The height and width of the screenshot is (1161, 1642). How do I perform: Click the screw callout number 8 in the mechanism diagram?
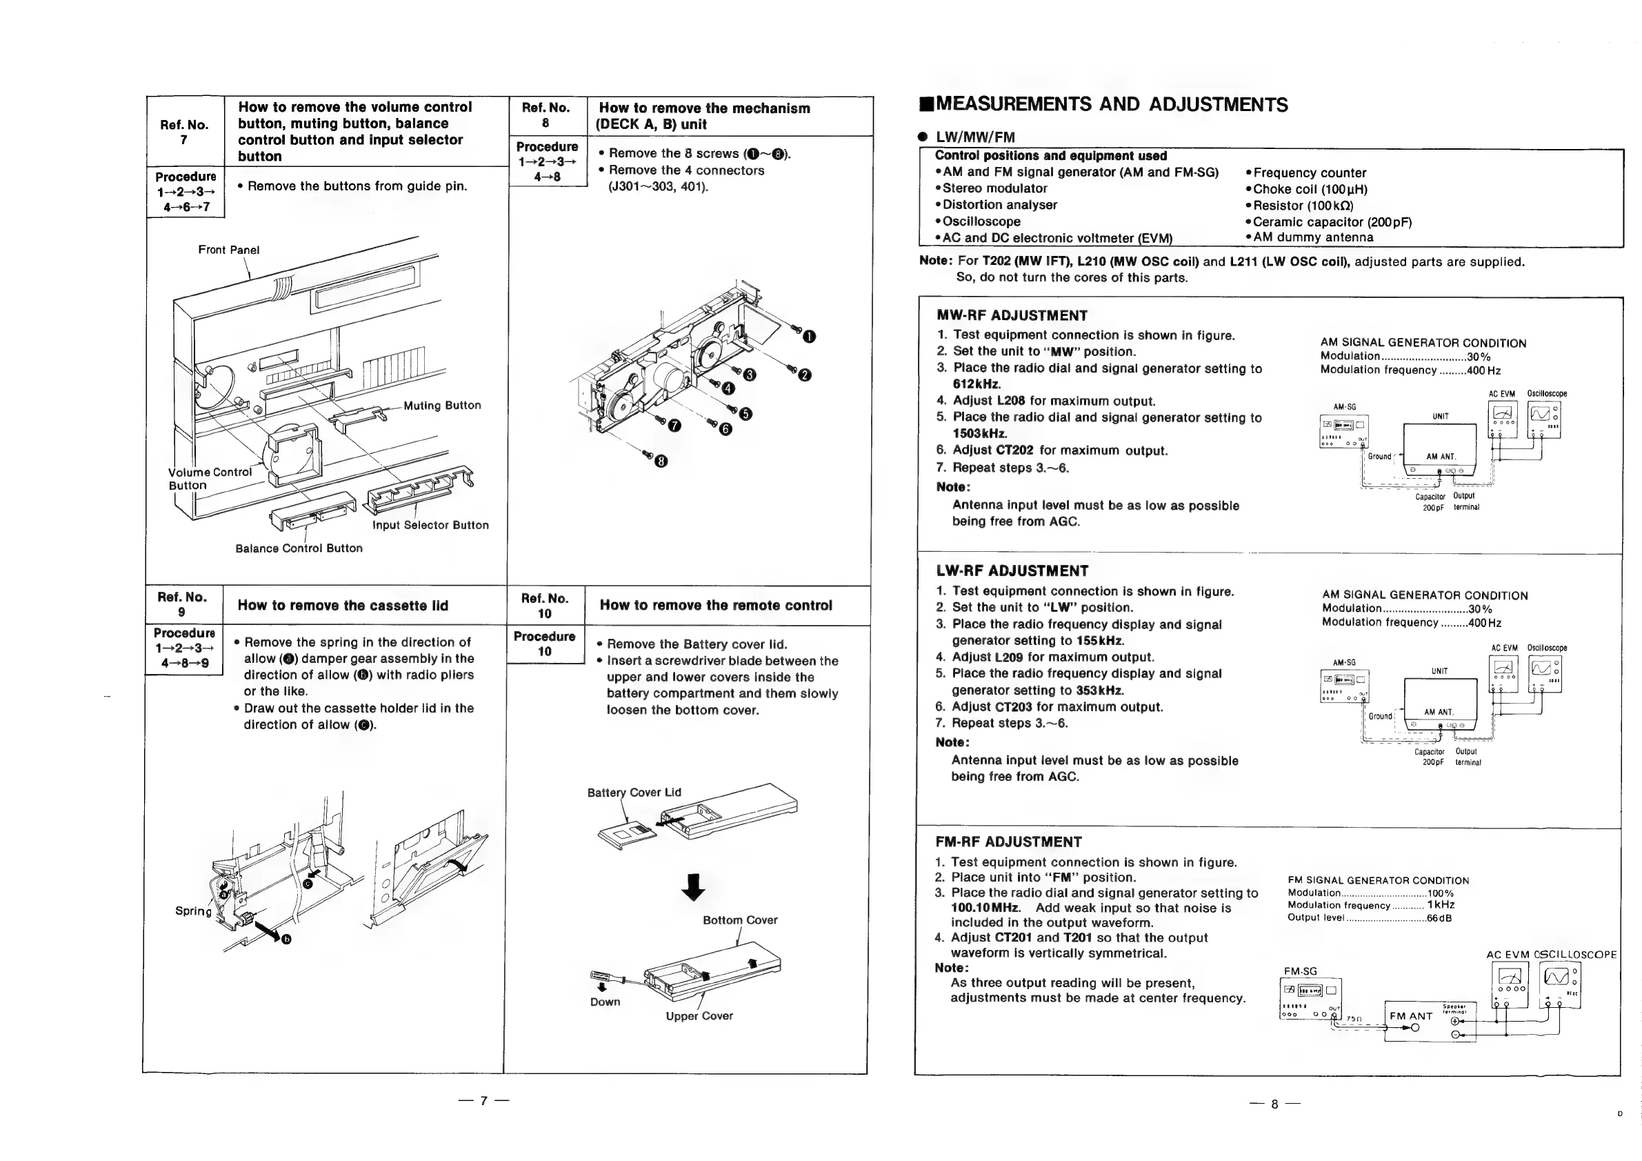(x=661, y=462)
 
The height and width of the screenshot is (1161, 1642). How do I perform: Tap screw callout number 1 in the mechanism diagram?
(x=809, y=337)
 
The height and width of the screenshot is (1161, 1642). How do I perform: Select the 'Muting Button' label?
(x=442, y=406)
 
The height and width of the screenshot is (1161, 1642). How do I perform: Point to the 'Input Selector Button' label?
(x=430, y=525)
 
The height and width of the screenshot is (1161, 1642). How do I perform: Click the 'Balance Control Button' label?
(x=299, y=548)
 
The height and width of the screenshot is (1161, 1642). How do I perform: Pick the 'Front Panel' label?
(x=229, y=250)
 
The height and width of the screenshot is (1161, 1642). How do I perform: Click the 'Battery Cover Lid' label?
(x=634, y=793)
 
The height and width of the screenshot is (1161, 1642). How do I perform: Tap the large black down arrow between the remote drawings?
(x=693, y=888)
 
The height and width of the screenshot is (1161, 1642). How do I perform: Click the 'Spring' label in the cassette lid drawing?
(x=193, y=911)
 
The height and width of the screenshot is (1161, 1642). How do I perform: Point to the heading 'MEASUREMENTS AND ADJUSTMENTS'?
(x=1112, y=105)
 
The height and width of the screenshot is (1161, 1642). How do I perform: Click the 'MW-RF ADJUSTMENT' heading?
(x=1011, y=315)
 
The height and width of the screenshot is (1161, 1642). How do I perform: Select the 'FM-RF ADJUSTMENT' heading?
(x=1008, y=842)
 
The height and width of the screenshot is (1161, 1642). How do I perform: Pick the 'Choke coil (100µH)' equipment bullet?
(x=1310, y=189)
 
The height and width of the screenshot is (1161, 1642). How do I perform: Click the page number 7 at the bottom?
(x=484, y=1101)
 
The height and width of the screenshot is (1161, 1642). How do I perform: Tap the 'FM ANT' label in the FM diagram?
(x=1410, y=1015)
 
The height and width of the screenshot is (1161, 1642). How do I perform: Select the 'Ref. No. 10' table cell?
(x=544, y=606)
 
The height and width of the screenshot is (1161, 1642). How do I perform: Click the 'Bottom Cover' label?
(x=739, y=920)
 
